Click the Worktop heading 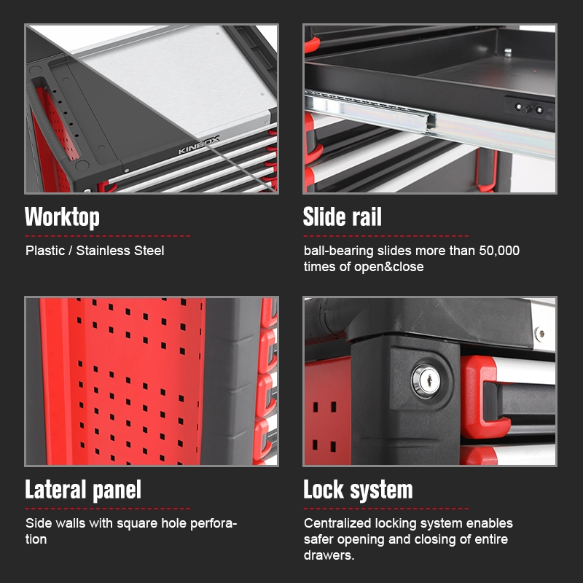coord(62,216)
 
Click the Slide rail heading coord(342,216)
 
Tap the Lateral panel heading coord(83,489)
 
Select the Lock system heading coord(358,489)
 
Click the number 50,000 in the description coord(499,251)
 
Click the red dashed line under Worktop coord(107,236)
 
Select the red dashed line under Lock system coord(386,509)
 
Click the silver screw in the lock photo coord(540,334)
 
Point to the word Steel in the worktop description coord(149,251)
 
